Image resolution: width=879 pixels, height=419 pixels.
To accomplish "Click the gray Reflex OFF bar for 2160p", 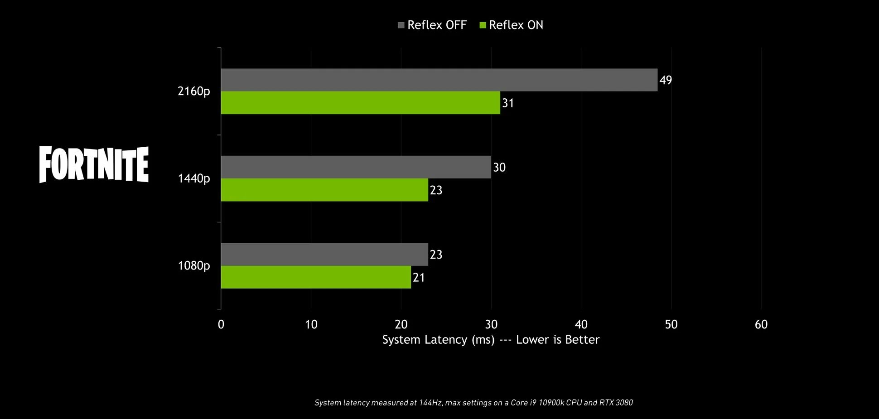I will click(x=439, y=80).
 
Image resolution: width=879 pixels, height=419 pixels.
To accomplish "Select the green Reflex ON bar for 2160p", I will click(x=360, y=103).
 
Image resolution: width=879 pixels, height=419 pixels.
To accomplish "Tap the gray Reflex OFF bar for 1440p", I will click(x=356, y=167).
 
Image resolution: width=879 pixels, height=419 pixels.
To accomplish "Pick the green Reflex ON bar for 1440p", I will click(x=324, y=190).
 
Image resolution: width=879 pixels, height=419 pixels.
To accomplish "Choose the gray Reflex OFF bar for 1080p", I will click(x=324, y=254).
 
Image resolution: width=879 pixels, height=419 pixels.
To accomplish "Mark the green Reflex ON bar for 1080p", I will click(x=316, y=277).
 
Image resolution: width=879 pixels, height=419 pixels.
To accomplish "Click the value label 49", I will click(x=666, y=81).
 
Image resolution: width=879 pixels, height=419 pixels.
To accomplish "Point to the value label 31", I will click(x=508, y=103).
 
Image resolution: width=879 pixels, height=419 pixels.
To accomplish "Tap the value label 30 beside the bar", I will click(x=499, y=168).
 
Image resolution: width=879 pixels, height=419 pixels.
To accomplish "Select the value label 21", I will click(x=419, y=277).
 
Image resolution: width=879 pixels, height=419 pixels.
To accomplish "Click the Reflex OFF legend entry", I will click(x=432, y=25).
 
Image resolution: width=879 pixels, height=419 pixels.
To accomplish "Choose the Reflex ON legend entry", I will click(x=511, y=25).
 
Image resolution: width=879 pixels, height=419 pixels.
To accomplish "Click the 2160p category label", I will click(x=194, y=92).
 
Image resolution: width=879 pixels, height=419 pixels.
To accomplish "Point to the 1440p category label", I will click(x=194, y=179).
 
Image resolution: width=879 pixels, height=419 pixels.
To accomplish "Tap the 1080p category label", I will click(x=194, y=265).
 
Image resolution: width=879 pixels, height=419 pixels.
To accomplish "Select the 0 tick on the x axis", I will click(x=221, y=324).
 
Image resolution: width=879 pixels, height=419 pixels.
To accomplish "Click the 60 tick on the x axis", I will click(x=761, y=324).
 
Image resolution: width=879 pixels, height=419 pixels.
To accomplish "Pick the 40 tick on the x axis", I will click(x=581, y=324).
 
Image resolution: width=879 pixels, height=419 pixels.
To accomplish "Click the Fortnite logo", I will click(x=94, y=164).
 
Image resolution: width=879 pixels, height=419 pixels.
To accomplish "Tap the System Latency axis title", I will click(x=491, y=340).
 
